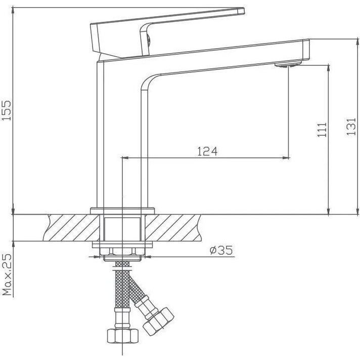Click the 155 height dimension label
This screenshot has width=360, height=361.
point(6,110)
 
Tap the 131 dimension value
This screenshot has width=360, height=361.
point(351,127)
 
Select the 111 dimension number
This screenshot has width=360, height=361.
point(322,130)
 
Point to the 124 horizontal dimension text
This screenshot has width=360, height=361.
point(207,151)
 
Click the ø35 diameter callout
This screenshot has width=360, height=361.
point(221,250)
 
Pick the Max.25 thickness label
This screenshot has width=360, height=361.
point(7,274)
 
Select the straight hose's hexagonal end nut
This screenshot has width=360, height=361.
point(122,336)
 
